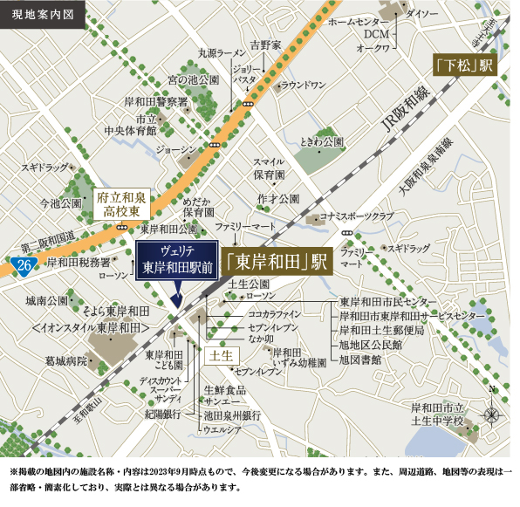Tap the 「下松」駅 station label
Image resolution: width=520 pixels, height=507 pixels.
(465, 65)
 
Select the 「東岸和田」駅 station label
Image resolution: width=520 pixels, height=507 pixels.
(275, 261)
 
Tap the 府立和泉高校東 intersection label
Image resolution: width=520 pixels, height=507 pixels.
(126, 205)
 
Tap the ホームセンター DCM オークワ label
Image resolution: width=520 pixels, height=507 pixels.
(364, 33)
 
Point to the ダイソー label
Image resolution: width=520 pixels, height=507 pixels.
(422, 14)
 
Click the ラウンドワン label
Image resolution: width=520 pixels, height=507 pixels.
(302, 85)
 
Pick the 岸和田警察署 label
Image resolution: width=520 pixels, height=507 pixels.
(155, 101)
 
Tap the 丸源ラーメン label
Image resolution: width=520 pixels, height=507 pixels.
(222, 52)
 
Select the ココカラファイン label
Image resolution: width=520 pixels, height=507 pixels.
(275, 312)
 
